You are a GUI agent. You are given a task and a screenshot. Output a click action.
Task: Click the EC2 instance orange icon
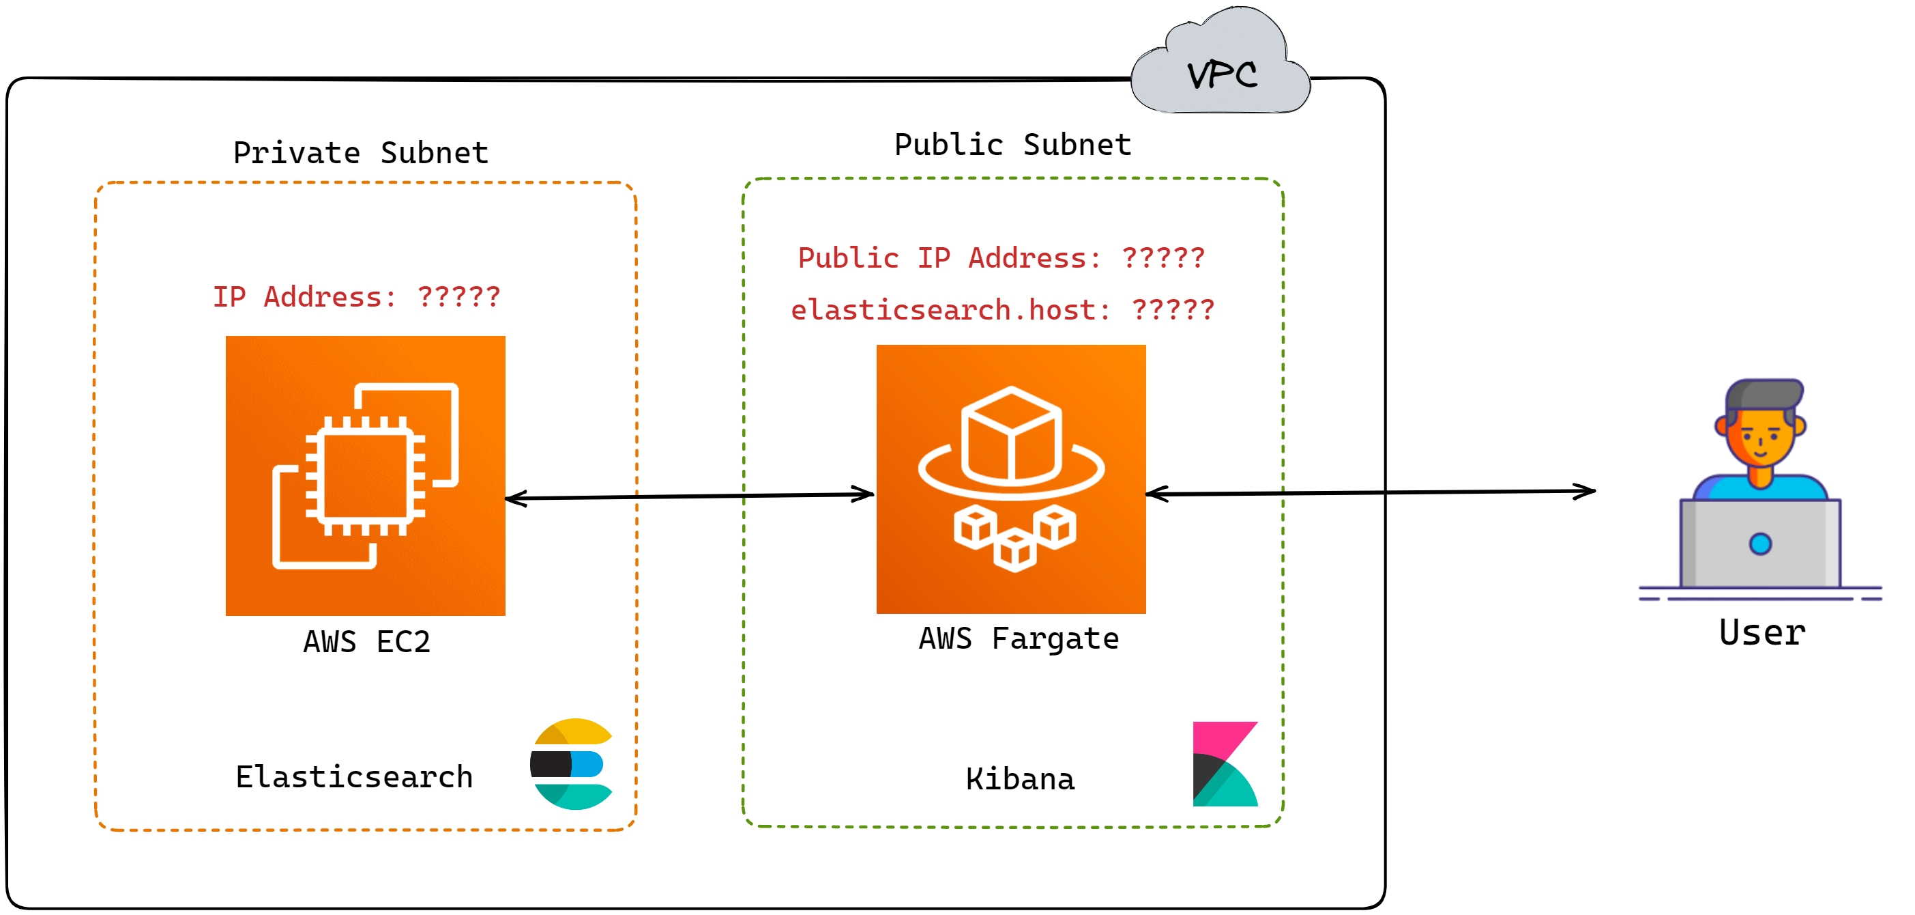[x=365, y=475]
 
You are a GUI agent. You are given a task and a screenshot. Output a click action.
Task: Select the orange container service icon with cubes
[x=1011, y=479]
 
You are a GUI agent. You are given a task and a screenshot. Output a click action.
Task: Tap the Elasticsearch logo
[x=572, y=764]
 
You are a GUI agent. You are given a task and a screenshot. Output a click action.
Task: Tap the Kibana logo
[x=1225, y=764]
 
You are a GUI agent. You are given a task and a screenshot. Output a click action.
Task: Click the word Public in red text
[x=848, y=258]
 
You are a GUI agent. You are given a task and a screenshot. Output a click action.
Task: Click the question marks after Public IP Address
[x=1163, y=258]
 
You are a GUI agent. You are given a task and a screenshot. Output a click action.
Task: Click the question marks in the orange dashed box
[x=458, y=297]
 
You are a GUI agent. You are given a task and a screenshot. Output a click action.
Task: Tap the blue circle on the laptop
[x=1759, y=544]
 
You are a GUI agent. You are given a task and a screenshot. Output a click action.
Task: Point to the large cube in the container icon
[x=1011, y=435]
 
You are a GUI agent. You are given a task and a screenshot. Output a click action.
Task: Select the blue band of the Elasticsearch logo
[x=587, y=764]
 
